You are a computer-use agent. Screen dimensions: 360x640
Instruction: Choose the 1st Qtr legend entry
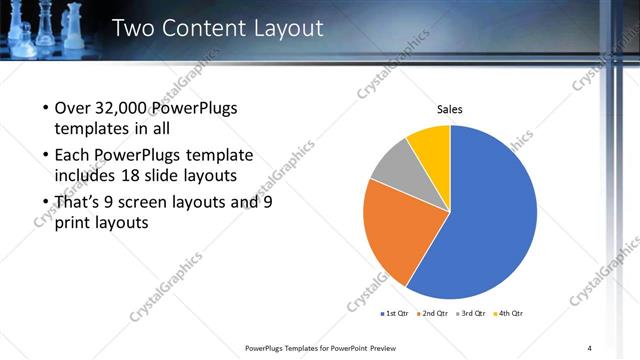397,313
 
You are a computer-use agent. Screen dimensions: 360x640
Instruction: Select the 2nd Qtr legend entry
432,313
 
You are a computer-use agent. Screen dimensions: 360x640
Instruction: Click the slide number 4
590,347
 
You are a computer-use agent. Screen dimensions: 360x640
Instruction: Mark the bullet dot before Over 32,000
45,109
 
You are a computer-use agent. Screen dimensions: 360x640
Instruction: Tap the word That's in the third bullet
78,201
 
